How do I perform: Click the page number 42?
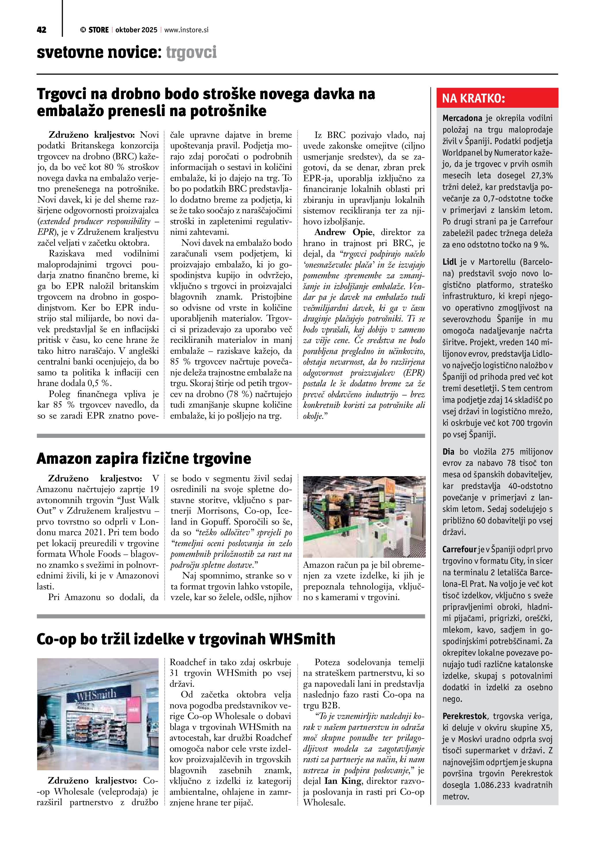coord(41,30)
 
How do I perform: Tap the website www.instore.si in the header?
coord(186,30)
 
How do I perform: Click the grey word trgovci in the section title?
coord(191,53)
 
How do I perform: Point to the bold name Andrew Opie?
coord(343,232)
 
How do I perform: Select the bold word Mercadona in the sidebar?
coord(462,118)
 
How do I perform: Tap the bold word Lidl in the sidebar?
coord(449,262)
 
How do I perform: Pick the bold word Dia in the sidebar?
coord(448,452)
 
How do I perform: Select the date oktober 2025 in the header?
coord(136,30)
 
